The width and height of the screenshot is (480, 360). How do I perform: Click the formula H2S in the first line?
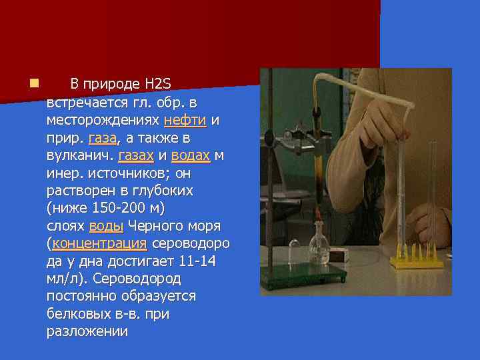[157, 85]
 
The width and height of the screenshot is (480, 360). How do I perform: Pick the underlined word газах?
[135, 155]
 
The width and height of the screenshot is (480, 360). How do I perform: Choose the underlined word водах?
[191, 155]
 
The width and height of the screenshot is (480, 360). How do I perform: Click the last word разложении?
[87, 331]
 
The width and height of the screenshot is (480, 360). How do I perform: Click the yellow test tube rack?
[417, 258]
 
